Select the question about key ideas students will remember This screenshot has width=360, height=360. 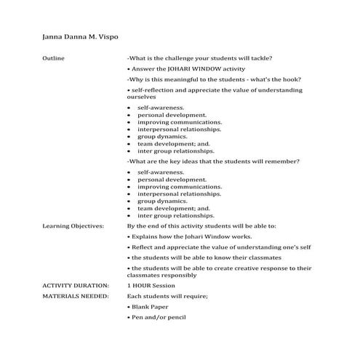pos(213,161)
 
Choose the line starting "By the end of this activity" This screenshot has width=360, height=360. pos(209,226)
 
